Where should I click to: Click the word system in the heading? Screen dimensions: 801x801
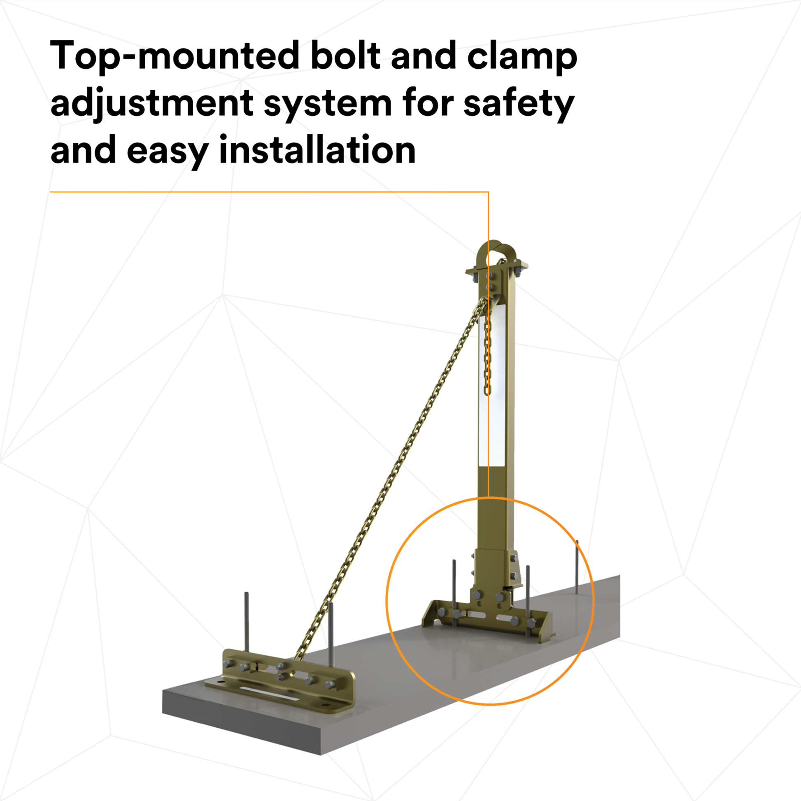pos(328,106)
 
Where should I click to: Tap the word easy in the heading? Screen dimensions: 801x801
pos(167,153)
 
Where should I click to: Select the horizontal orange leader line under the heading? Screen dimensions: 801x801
pos(269,192)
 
